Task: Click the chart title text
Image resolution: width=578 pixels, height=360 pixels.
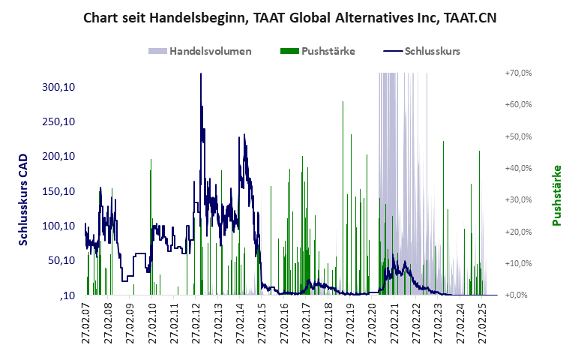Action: pos(289,17)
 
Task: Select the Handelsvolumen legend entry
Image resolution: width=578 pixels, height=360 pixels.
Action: pos(210,51)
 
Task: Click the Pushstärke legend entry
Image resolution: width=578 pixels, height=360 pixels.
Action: pos(328,51)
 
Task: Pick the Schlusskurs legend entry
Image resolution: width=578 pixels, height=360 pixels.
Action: pos(432,51)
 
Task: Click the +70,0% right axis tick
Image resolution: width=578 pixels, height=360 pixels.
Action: pos(518,73)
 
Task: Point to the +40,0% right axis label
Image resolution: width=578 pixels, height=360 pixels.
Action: pos(518,168)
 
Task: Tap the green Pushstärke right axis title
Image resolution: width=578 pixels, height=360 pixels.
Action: pos(557,195)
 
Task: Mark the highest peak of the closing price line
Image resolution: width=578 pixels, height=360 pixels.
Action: pos(200,74)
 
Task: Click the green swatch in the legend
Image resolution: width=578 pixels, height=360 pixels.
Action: pos(289,51)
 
